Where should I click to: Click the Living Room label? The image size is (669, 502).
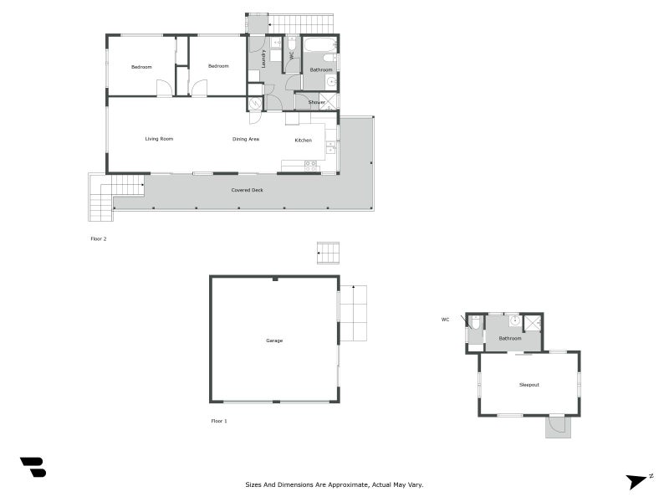(158, 139)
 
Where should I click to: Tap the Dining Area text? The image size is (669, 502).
(246, 139)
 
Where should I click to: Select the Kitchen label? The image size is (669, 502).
(303, 140)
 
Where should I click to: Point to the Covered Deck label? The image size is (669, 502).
(248, 190)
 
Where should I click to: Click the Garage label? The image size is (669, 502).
(274, 341)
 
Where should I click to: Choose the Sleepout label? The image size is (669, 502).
(529, 385)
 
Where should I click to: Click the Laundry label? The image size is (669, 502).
(263, 58)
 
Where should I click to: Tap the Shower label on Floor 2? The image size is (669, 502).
(317, 102)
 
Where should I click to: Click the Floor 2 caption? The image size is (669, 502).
(99, 238)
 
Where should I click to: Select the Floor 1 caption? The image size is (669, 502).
(219, 421)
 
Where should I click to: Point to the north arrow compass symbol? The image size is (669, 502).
(638, 480)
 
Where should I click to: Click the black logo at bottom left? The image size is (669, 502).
(33, 467)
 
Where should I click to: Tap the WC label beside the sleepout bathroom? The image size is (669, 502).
(446, 319)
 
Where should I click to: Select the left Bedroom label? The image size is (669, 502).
(141, 67)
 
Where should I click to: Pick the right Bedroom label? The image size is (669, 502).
(218, 67)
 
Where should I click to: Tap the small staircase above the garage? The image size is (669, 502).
(329, 253)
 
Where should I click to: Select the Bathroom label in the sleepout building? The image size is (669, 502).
(510, 338)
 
